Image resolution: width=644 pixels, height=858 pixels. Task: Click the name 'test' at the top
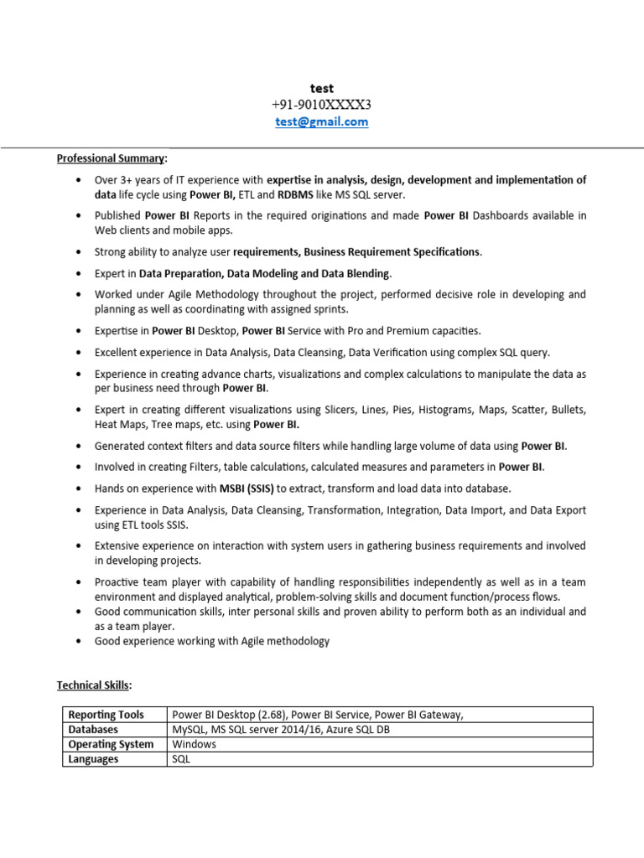point(322,88)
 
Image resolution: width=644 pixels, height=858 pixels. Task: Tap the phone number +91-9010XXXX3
point(322,105)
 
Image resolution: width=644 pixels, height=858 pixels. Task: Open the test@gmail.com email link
point(322,121)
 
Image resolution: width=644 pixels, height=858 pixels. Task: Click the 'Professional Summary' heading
point(111,158)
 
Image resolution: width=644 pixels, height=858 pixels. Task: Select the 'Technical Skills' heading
point(93,685)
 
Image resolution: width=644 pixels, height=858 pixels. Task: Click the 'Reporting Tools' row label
point(106,715)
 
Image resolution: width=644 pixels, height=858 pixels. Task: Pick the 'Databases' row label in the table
point(93,730)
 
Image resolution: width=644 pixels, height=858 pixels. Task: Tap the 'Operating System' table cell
point(111,744)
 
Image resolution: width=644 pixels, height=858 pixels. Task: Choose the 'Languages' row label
point(93,759)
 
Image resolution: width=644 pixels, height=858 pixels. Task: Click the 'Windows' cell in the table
point(195,744)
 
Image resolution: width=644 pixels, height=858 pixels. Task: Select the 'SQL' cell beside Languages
point(181,759)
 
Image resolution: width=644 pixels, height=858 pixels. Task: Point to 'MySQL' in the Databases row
point(190,730)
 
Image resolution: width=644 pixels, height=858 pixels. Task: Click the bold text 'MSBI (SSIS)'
point(247,488)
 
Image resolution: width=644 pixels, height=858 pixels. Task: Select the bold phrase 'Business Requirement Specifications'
point(392,251)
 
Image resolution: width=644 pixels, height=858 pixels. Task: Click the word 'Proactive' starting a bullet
point(118,581)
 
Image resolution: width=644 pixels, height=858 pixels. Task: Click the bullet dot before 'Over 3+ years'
point(78,180)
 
